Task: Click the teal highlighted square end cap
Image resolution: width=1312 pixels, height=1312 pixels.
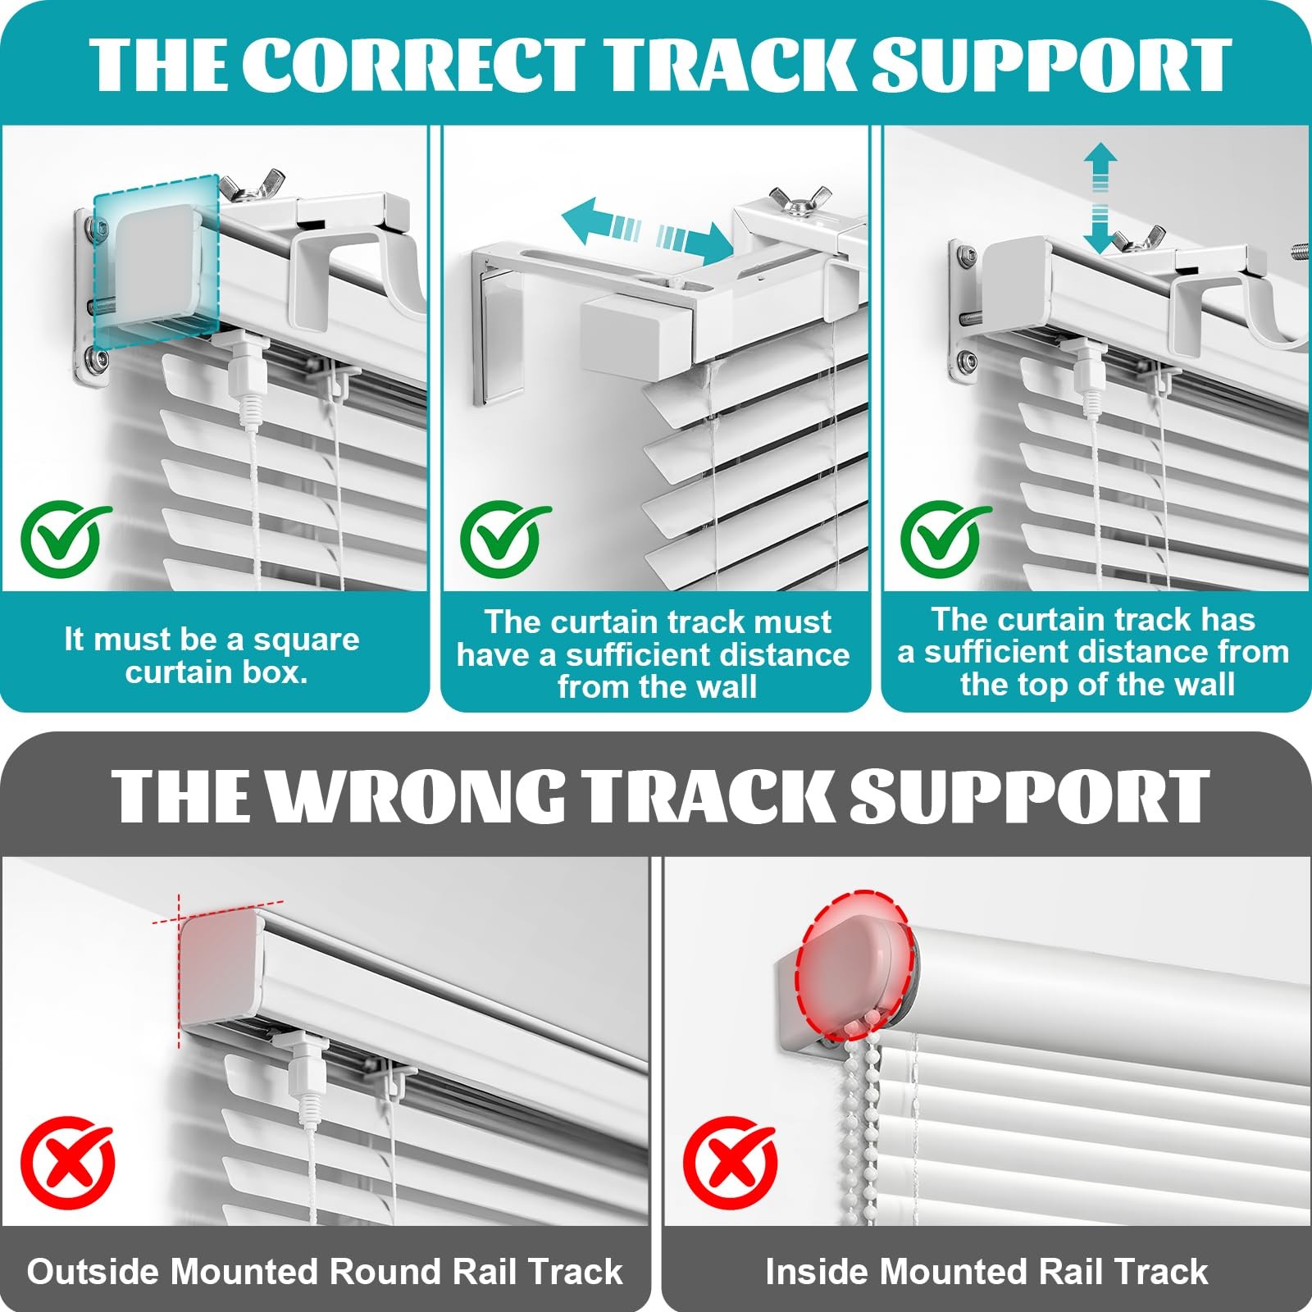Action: coord(156,261)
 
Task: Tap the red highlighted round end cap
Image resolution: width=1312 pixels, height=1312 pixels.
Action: coord(856,961)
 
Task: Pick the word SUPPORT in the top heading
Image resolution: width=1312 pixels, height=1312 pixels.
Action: coord(1051,64)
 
